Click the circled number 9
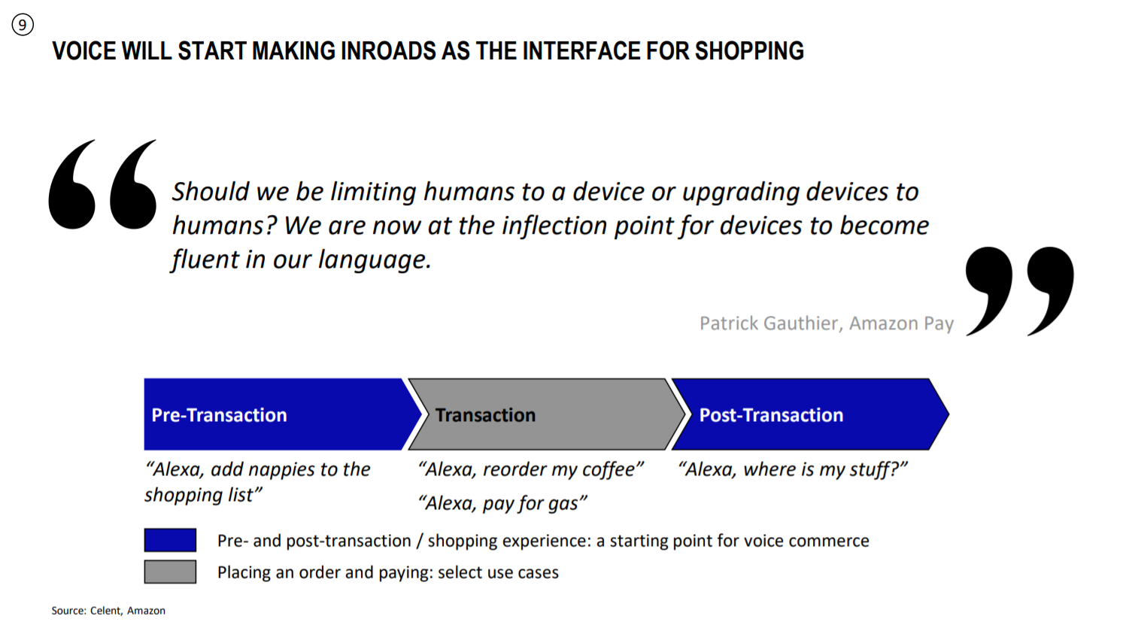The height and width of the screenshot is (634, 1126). (x=23, y=25)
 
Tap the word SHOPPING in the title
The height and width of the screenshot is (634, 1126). (x=749, y=51)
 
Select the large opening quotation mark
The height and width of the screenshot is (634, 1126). (x=102, y=184)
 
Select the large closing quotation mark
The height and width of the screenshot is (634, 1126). (x=1020, y=291)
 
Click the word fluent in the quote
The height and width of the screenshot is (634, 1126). (x=205, y=259)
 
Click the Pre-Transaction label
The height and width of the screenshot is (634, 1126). (x=219, y=415)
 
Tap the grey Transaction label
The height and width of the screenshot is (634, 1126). (x=485, y=415)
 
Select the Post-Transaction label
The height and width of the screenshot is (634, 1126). (x=771, y=415)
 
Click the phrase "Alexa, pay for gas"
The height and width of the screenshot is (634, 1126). (x=502, y=503)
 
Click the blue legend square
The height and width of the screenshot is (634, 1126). (x=171, y=540)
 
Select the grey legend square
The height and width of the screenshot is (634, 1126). (x=171, y=572)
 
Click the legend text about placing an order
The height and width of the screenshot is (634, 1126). (x=388, y=572)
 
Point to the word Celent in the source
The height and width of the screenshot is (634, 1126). (x=106, y=611)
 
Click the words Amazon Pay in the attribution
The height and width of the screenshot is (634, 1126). (x=901, y=323)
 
